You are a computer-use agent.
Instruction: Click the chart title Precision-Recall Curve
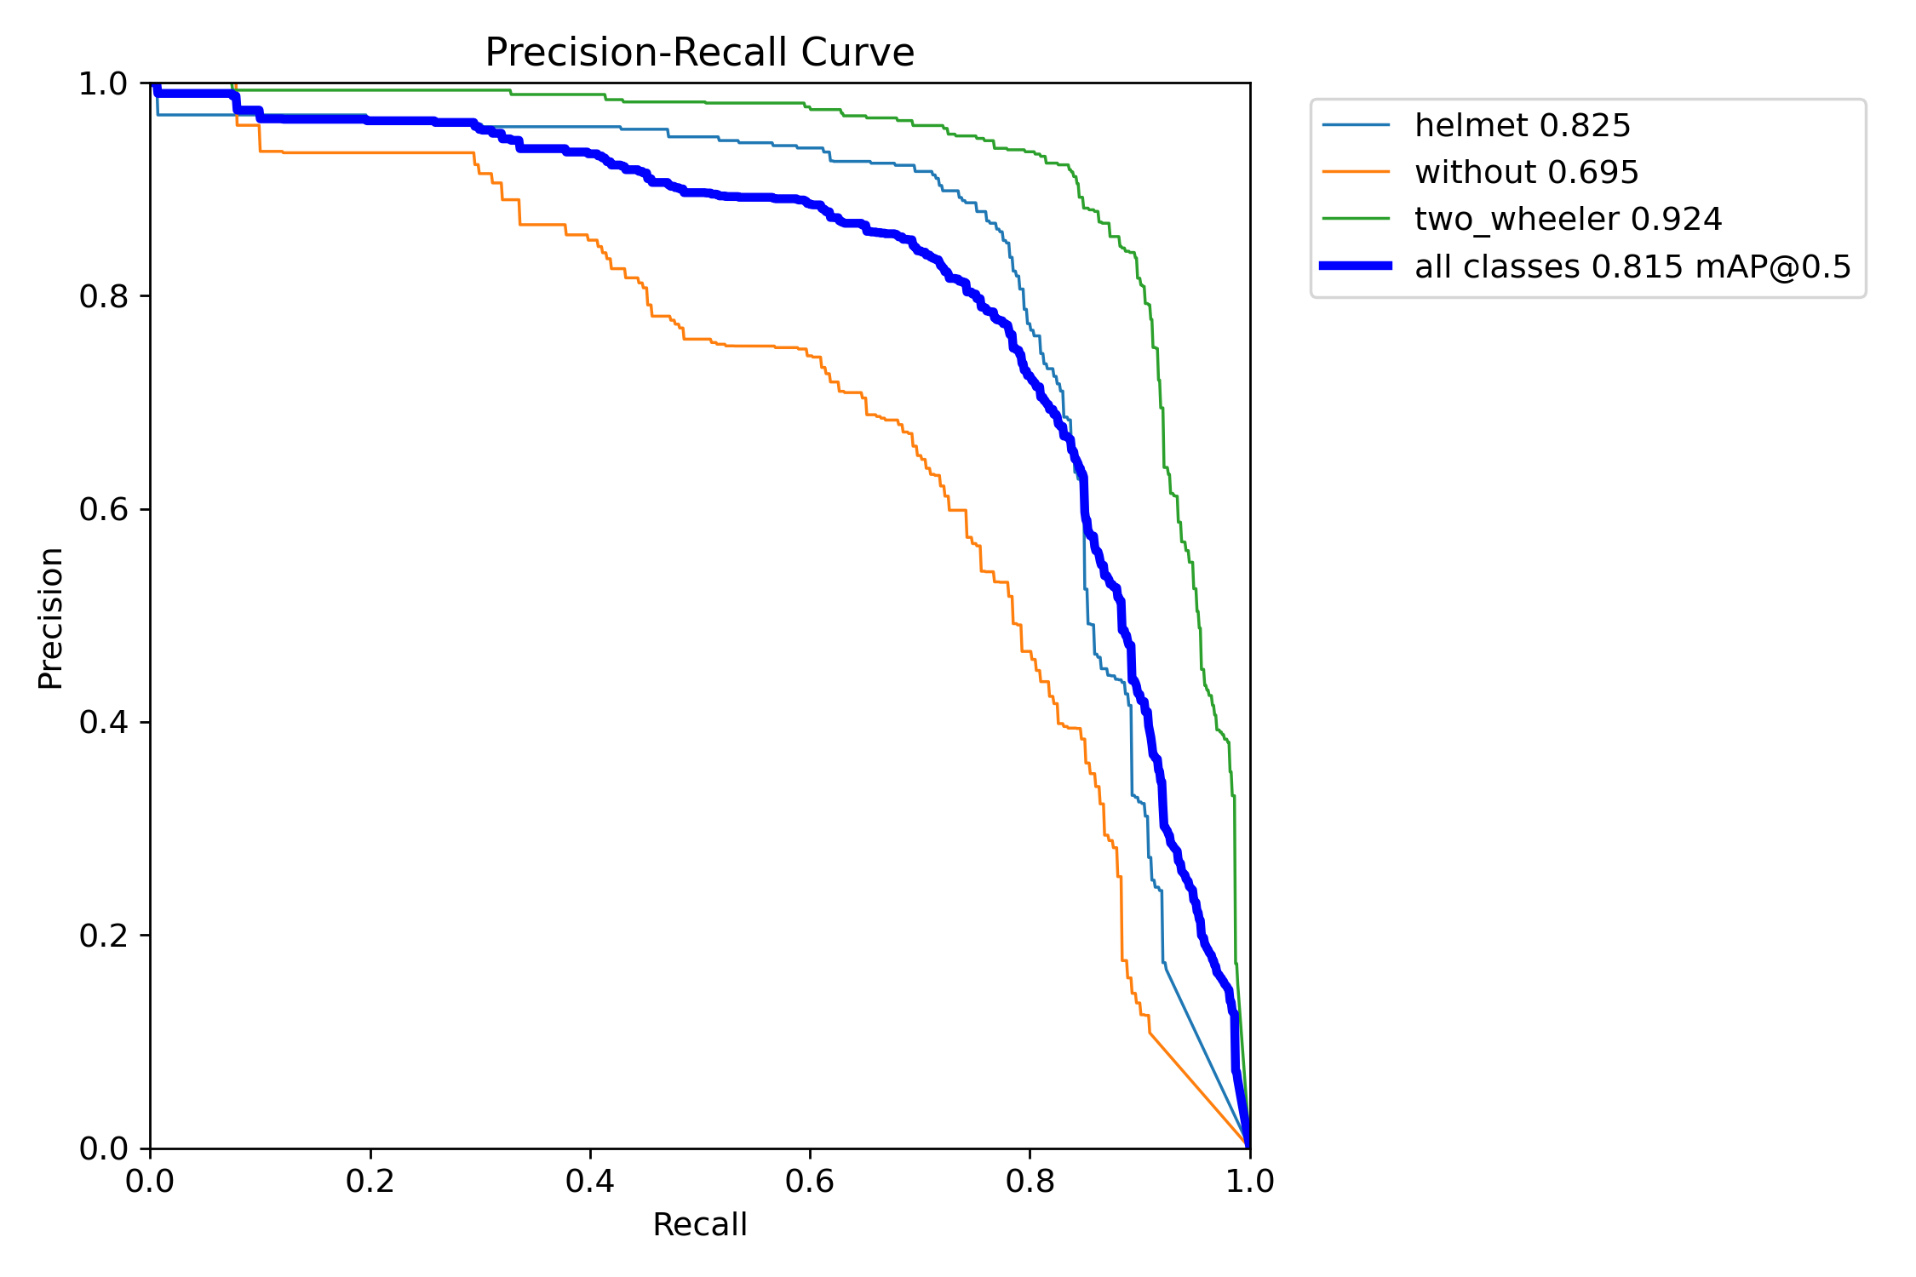(x=699, y=53)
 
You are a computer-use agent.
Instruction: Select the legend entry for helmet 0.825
(x=1522, y=126)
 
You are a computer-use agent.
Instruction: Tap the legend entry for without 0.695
(x=1526, y=173)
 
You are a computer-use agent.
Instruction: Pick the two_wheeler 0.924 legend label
(x=1568, y=220)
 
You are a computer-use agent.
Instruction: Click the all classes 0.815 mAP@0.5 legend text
(x=1632, y=267)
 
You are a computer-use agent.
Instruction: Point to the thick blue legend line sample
(x=1356, y=266)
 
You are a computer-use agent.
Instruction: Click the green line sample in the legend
(x=1356, y=219)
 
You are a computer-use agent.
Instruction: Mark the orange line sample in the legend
(x=1356, y=172)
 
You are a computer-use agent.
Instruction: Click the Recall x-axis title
(x=699, y=1225)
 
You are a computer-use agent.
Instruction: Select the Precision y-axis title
(x=51, y=617)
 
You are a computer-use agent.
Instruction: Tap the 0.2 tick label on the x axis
(x=370, y=1181)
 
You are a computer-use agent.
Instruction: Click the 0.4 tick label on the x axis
(x=590, y=1181)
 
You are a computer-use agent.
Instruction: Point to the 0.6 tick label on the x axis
(x=810, y=1181)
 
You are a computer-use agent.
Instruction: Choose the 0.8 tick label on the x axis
(x=1030, y=1181)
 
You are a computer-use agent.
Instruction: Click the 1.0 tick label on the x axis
(x=1249, y=1181)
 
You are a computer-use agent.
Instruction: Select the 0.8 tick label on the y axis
(x=103, y=297)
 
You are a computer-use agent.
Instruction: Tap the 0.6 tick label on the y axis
(x=103, y=510)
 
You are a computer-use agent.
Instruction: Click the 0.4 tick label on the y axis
(x=103, y=723)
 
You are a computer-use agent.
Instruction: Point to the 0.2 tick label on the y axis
(x=103, y=936)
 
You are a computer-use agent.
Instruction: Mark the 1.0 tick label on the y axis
(x=103, y=84)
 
